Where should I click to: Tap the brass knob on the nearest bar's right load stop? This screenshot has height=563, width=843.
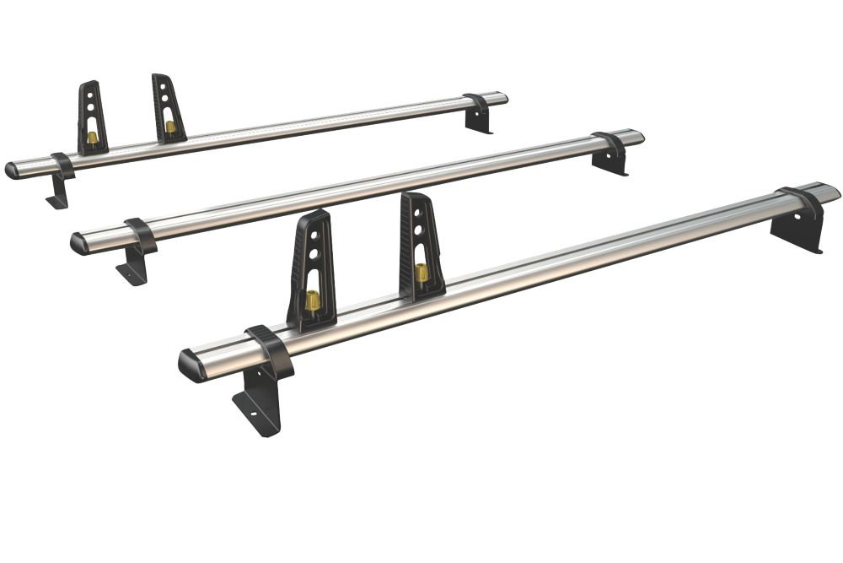[x=421, y=273]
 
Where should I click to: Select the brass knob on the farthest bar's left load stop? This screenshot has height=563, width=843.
[x=92, y=138]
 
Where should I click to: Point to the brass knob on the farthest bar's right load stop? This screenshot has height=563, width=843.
[x=170, y=127]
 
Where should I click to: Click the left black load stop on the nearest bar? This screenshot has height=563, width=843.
[x=311, y=270]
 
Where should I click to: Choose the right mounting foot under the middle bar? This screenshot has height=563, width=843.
[x=611, y=160]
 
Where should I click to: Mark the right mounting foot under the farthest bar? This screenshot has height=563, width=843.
[x=480, y=118]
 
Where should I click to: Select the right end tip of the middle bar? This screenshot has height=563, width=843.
[x=641, y=135]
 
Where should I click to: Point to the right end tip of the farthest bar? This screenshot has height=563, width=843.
[x=504, y=96]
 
